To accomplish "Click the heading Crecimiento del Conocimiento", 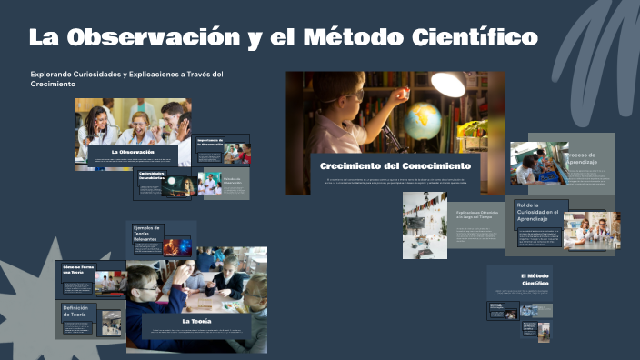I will point(395,166).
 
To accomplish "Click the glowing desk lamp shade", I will point(448,85).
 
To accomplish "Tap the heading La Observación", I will point(133,151).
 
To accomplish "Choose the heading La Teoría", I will point(196,321).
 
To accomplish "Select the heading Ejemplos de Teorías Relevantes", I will point(146,233).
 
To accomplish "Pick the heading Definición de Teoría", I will point(75,312).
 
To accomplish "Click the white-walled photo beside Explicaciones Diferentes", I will point(425,224).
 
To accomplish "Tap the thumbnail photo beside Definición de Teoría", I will point(111,323).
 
